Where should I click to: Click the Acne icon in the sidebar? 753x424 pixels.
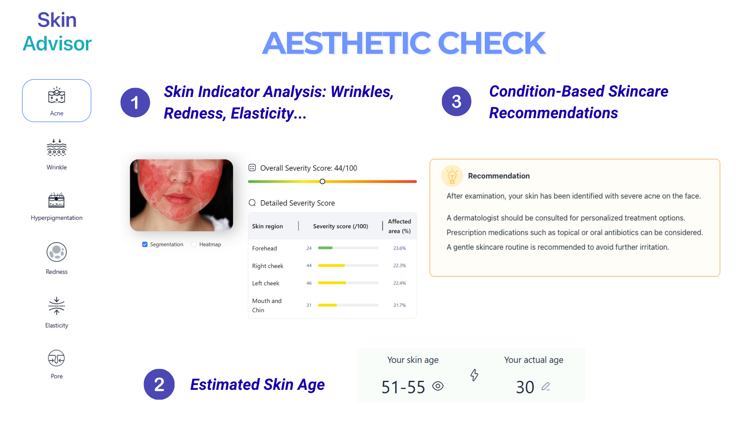click(x=56, y=95)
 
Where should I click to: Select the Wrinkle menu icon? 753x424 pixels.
click(x=56, y=148)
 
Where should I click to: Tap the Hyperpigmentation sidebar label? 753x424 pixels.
click(x=56, y=218)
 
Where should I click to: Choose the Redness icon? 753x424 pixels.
click(x=56, y=252)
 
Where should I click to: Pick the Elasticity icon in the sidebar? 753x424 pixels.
click(x=56, y=306)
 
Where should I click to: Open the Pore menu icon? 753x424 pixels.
click(x=56, y=358)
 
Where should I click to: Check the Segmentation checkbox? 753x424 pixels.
click(x=145, y=244)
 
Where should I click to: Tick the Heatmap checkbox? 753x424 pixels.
click(x=194, y=244)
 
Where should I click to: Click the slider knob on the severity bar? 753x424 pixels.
click(x=322, y=181)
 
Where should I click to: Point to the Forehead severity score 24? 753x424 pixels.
click(x=309, y=248)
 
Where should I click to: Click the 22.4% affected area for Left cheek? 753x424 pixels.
click(x=400, y=283)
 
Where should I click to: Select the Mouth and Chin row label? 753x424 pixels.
click(x=267, y=305)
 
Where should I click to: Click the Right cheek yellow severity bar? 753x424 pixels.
click(x=331, y=265)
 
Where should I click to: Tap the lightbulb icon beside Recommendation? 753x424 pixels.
click(x=452, y=176)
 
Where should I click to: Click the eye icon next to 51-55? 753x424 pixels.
click(x=438, y=386)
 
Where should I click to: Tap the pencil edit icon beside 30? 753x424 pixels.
click(x=546, y=386)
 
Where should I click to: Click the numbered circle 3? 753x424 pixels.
click(x=456, y=102)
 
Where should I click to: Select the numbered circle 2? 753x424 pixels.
click(x=159, y=384)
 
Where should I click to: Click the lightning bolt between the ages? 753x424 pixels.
click(x=474, y=375)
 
